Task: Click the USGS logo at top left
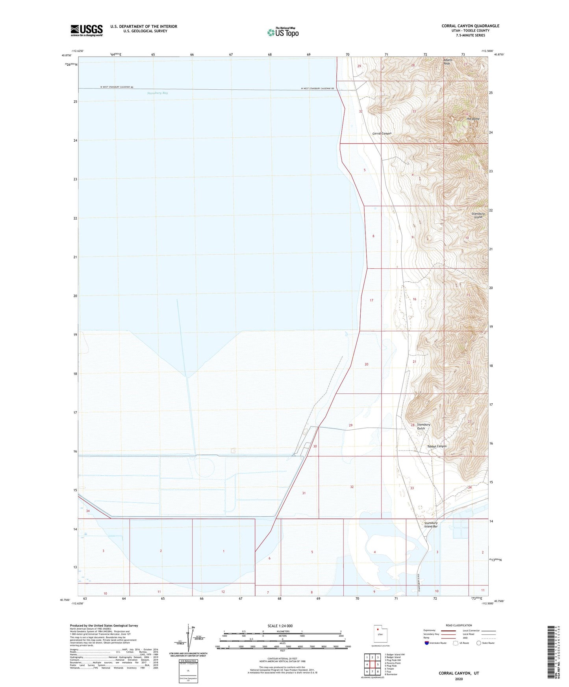click(87, 30)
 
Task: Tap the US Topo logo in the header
click(283, 32)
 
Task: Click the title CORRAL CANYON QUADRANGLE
click(470, 26)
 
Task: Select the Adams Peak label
click(447, 62)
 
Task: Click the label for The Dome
click(473, 119)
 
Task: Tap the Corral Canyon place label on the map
click(382, 134)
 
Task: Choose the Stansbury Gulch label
click(423, 427)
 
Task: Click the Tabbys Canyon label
click(437, 446)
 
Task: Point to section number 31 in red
click(304, 493)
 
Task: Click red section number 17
click(371, 300)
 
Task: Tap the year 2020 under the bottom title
click(459, 679)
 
